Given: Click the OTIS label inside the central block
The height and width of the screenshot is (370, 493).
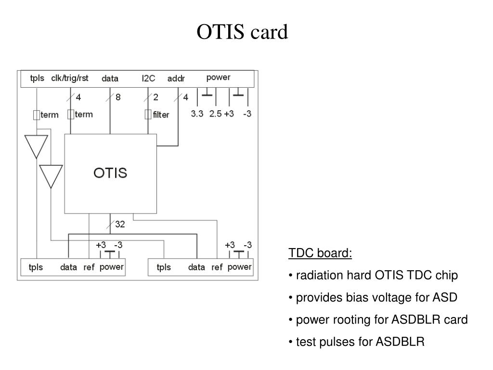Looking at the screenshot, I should point(110,173).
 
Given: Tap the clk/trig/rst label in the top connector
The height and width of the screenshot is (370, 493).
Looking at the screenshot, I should point(70,79).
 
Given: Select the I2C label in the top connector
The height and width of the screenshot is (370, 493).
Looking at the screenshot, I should point(148,79).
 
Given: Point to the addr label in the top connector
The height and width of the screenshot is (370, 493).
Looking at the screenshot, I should point(176,79).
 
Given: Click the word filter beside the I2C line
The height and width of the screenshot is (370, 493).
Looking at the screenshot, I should point(161,115).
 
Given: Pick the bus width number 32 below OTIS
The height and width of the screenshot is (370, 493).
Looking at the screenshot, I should point(120,224).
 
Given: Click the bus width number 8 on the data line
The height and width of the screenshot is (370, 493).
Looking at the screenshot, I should point(118,97).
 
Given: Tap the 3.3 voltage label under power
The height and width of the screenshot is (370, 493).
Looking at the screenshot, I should point(197,114).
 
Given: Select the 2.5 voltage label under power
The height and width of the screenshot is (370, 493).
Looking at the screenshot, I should point(215,114).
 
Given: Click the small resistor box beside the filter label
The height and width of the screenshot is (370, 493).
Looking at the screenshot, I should point(148,115).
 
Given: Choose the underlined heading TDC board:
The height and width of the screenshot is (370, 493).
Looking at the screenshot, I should point(320,253).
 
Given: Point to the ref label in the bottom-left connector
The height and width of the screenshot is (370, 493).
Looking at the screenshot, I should point(89,267).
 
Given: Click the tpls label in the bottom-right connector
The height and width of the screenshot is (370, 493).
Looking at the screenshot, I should point(164,267).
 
